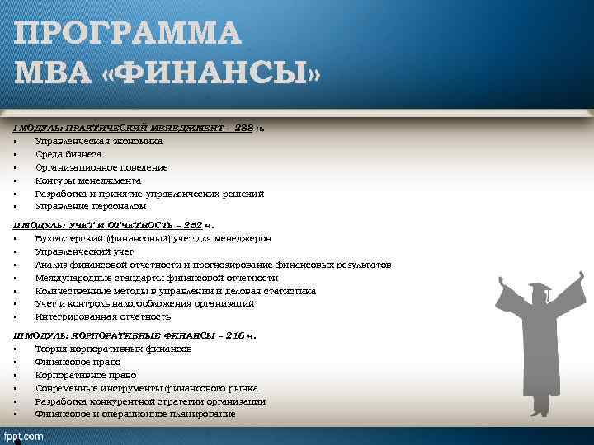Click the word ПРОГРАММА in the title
pyautogui.click(x=128, y=34)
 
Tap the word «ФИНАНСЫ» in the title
pyautogui.click(x=210, y=75)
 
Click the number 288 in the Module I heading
pyautogui.click(x=244, y=128)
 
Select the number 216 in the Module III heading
pyautogui.click(x=234, y=335)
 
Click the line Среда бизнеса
pyautogui.click(x=68, y=154)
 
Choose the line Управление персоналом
pyautogui.click(x=90, y=207)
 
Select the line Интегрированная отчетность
pyautogui.click(x=102, y=316)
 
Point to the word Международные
pyautogui.click(x=74, y=278)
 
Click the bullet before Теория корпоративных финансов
pyautogui.click(x=16, y=349)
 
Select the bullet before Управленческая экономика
pyautogui.click(x=16, y=141)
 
